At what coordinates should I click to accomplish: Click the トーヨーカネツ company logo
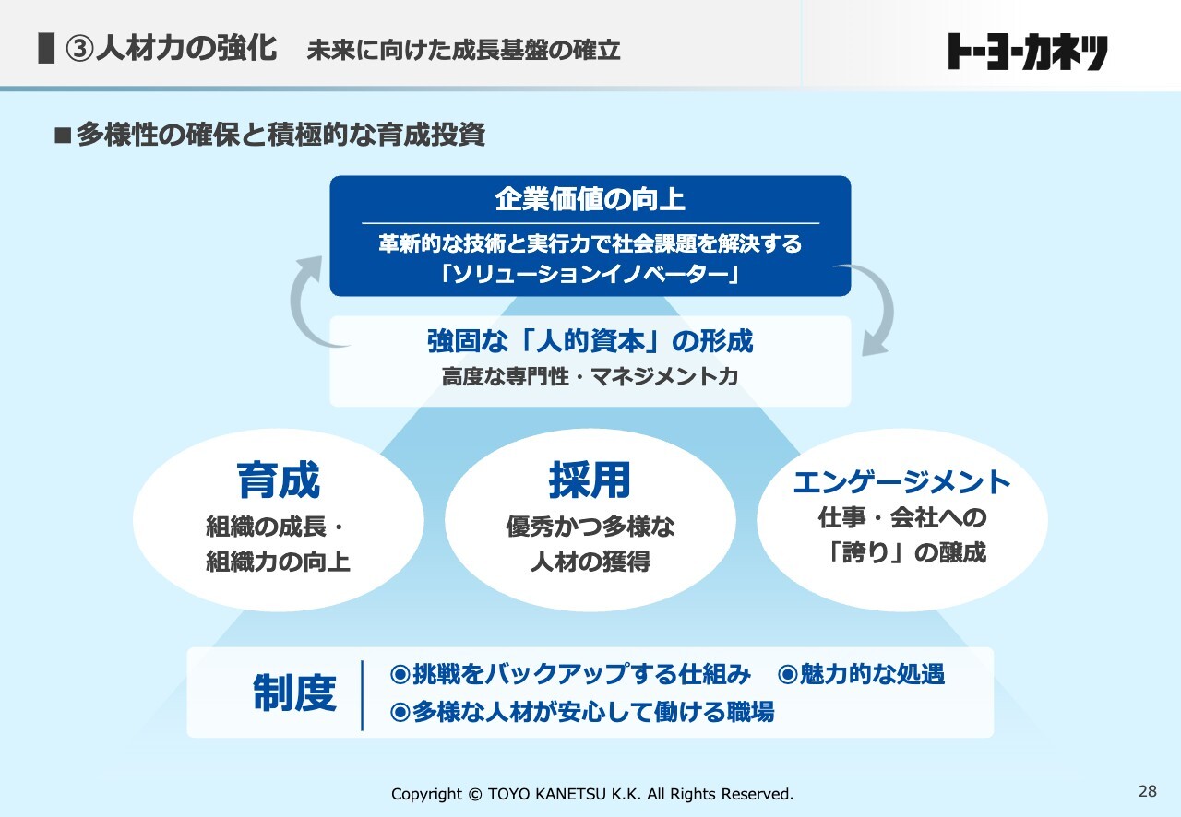1028,51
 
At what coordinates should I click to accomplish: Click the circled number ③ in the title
79,49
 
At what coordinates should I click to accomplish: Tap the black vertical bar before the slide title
46,49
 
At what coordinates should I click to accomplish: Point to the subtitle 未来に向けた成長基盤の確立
463,51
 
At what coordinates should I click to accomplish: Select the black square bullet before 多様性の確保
63,135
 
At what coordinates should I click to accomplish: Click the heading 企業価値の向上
590,200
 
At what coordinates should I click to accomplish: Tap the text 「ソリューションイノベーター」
590,274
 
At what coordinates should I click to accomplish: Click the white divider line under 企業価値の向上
590,223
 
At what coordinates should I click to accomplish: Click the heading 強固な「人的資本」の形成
590,341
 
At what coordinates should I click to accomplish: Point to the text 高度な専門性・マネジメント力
590,376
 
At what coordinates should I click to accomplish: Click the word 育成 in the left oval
279,480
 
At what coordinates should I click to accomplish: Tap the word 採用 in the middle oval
590,480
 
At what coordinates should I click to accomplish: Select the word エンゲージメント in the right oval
901,481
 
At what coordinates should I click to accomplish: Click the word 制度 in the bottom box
294,693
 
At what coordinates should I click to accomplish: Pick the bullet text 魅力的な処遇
873,674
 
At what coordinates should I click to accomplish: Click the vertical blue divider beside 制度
363,695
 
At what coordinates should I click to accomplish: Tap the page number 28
1148,791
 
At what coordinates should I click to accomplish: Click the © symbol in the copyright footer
474,794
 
